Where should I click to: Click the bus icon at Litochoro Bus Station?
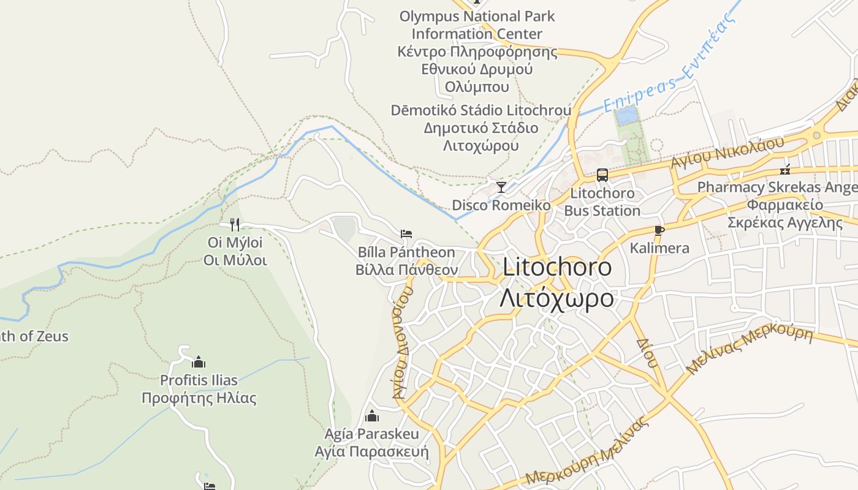click(602, 175)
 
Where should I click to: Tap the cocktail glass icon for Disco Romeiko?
click(501, 187)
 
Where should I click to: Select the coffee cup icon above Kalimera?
click(659, 231)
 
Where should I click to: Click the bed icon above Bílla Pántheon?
click(406, 234)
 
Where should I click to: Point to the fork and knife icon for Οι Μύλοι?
click(235, 224)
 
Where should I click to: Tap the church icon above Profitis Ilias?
click(198, 362)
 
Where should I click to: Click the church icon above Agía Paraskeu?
click(371, 417)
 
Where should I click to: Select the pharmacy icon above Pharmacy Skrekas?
click(785, 170)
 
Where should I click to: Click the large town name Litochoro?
click(556, 267)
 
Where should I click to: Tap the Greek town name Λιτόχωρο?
click(556, 298)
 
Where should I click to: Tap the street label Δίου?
click(647, 353)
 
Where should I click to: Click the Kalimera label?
click(659, 248)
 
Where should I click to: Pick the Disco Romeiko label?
click(501, 205)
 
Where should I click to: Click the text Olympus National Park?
click(477, 17)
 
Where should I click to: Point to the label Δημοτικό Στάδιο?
click(480, 128)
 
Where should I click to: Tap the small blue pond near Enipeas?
click(626, 115)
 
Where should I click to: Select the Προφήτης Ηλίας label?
click(199, 398)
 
